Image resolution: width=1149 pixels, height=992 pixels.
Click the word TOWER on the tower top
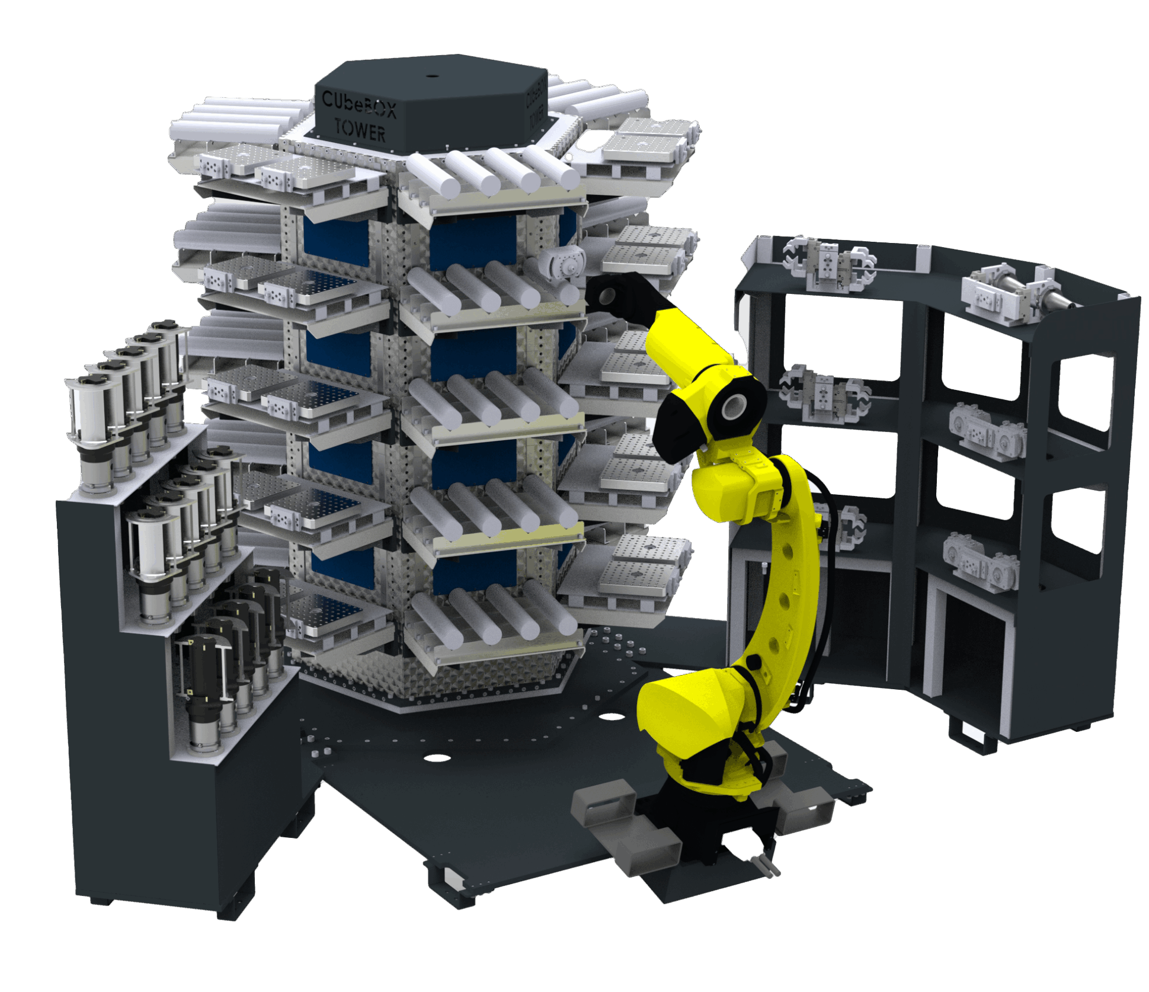click(360, 129)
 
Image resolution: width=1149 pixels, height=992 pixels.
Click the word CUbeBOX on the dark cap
click(358, 104)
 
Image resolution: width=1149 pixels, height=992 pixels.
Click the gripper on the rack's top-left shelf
click(827, 264)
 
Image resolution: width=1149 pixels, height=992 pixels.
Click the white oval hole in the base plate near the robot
click(611, 716)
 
